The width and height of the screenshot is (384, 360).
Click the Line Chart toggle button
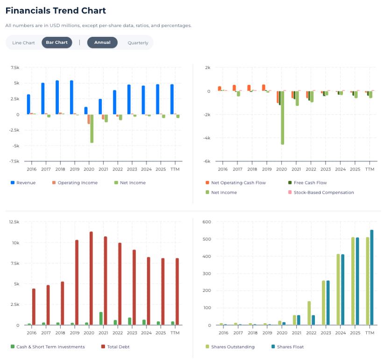23,42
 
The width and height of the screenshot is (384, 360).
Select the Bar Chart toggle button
57,42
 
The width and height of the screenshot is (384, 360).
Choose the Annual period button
102,42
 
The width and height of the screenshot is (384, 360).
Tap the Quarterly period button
138,42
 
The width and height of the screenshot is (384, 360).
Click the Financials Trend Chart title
56,11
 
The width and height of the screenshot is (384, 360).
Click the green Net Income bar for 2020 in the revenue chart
92,128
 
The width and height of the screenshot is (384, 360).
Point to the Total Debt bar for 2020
91,278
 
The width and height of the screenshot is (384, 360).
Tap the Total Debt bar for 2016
34,307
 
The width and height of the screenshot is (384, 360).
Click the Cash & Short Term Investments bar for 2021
100,318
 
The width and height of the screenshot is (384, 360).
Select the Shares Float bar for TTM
372,277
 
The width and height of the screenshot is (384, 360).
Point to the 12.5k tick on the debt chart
14,222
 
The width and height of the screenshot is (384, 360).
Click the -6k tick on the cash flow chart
206,162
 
